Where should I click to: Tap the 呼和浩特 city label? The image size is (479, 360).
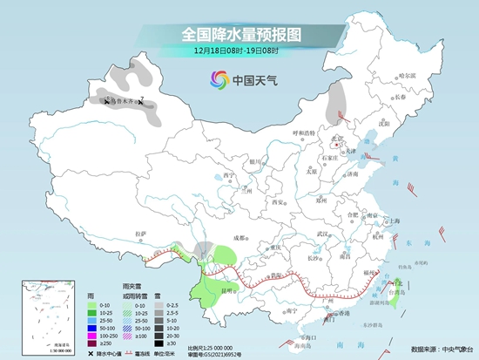[x=307, y=133]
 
